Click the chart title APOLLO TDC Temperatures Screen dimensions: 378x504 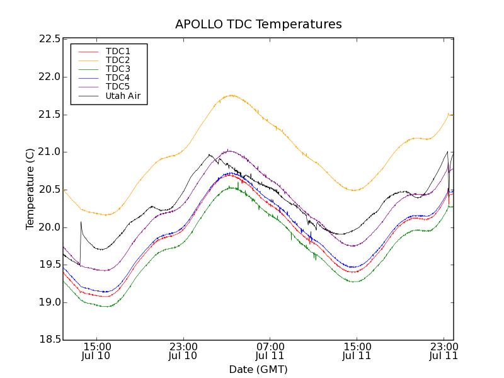[x=258, y=25]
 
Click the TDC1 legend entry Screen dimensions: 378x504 [x=118, y=50]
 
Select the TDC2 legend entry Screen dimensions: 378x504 [x=118, y=60]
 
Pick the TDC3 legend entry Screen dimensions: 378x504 [x=118, y=69]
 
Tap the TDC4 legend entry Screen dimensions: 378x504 [x=118, y=77]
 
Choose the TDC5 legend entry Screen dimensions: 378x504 [x=118, y=86]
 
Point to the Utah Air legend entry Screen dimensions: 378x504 [x=123, y=96]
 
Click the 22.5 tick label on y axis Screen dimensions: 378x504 [x=49, y=39]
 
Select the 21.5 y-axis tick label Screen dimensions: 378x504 [x=49, y=114]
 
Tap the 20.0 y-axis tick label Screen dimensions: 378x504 [x=49, y=227]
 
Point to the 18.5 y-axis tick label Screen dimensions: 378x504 [x=49, y=340]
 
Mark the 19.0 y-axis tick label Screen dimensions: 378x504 [x=49, y=302]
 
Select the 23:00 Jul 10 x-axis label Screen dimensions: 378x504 [x=183, y=351]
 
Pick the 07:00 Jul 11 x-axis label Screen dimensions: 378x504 [x=270, y=351]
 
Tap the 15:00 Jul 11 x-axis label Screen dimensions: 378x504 [x=357, y=351]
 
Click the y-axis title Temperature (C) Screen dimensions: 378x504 [x=30, y=189]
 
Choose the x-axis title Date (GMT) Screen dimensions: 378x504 [x=258, y=369]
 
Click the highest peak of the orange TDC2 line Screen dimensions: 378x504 [x=231, y=95]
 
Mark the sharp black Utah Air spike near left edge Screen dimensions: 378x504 [x=81, y=222]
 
